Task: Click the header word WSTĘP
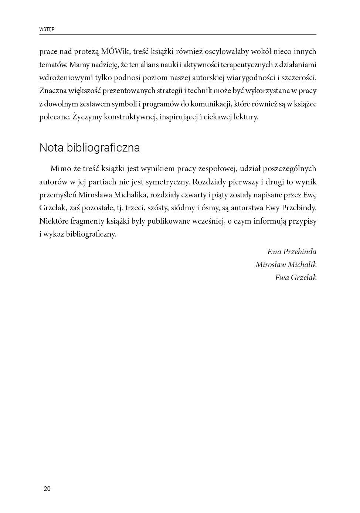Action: tap(47, 29)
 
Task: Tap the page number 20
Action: tap(47, 489)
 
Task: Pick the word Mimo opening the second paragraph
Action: tap(61, 169)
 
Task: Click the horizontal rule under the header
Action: tap(178, 35)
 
